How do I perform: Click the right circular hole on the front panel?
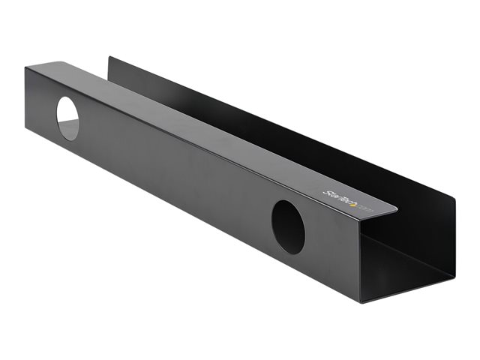click(288, 226)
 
